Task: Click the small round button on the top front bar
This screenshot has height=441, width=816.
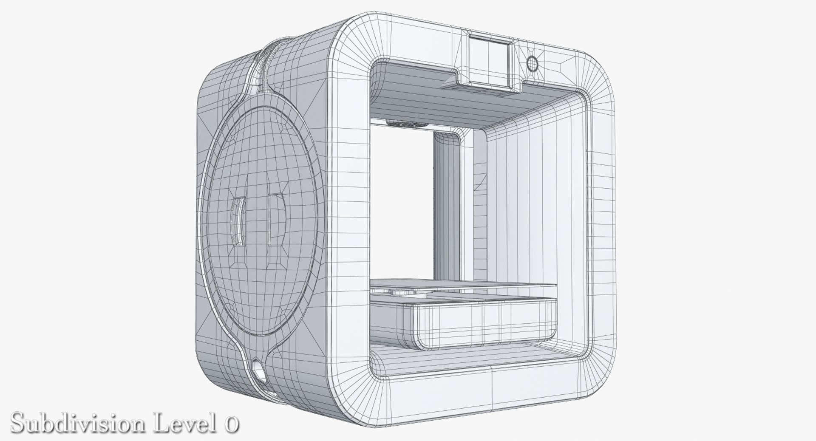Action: point(532,64)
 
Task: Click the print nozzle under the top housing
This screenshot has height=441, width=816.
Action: point(407,124)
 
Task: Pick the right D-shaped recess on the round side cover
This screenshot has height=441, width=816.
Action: point(275,220)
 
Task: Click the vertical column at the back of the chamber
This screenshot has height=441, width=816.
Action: point(446,204)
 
